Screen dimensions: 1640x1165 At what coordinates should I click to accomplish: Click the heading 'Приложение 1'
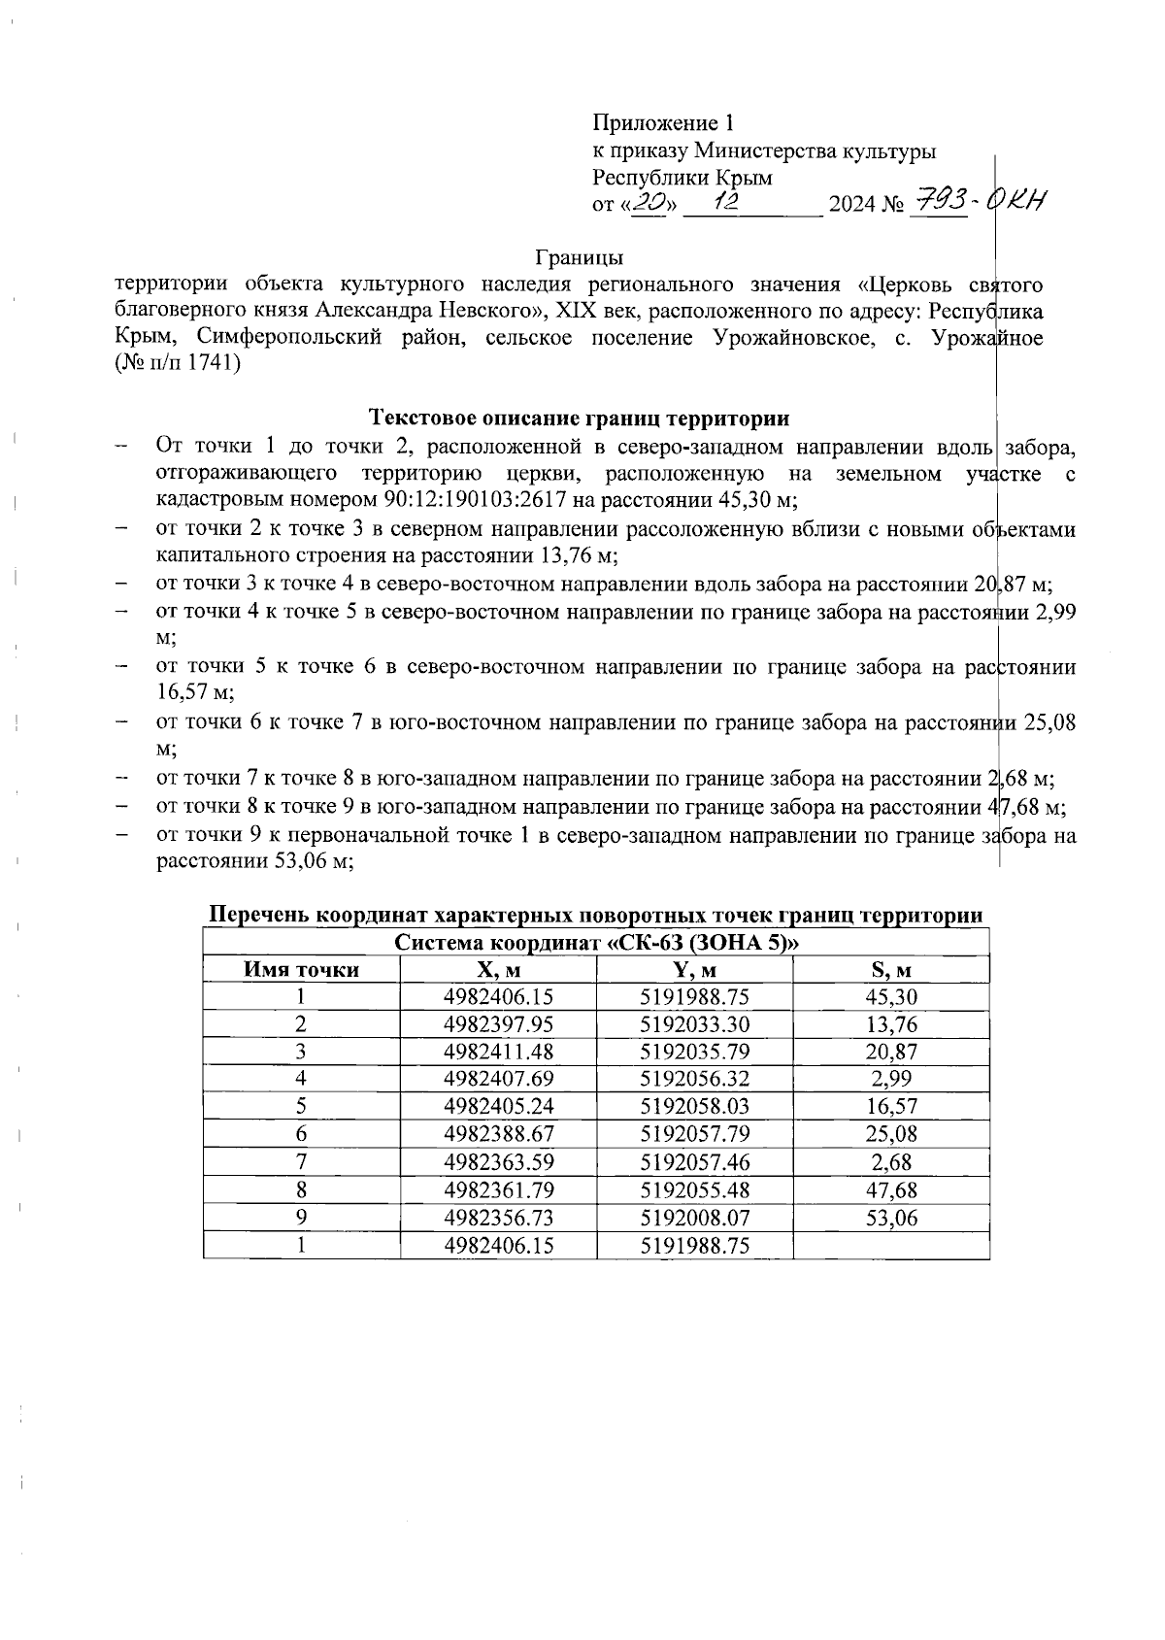click(664, 123)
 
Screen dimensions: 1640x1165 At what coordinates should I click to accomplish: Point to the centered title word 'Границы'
click(579, 258)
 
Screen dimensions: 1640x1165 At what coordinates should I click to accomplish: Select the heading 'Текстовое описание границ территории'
click(579, 418)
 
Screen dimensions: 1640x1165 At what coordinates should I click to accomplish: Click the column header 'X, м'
click(498, 970)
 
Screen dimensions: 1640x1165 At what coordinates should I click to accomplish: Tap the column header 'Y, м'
click(694, 970)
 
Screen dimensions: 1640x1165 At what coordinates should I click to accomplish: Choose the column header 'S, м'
click(891, 970)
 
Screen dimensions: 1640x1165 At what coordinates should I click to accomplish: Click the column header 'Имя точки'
click(301, 970)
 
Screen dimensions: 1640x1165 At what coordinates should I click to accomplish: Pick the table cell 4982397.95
click(498, 1024)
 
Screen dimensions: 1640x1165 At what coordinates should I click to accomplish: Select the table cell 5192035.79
click(694, 1052)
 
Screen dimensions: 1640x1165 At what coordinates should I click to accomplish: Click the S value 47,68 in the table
click(891, 1189)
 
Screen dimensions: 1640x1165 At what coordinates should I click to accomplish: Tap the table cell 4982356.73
click(498, 1218)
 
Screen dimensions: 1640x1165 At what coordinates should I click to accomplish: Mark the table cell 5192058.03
click(694, 1107)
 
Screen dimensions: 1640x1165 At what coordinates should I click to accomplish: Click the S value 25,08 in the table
click(891, 1134)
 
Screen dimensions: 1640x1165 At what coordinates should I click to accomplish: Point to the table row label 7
click(301, 1162)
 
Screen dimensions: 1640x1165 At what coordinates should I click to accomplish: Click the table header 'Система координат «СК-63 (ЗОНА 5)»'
click(596, 943)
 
